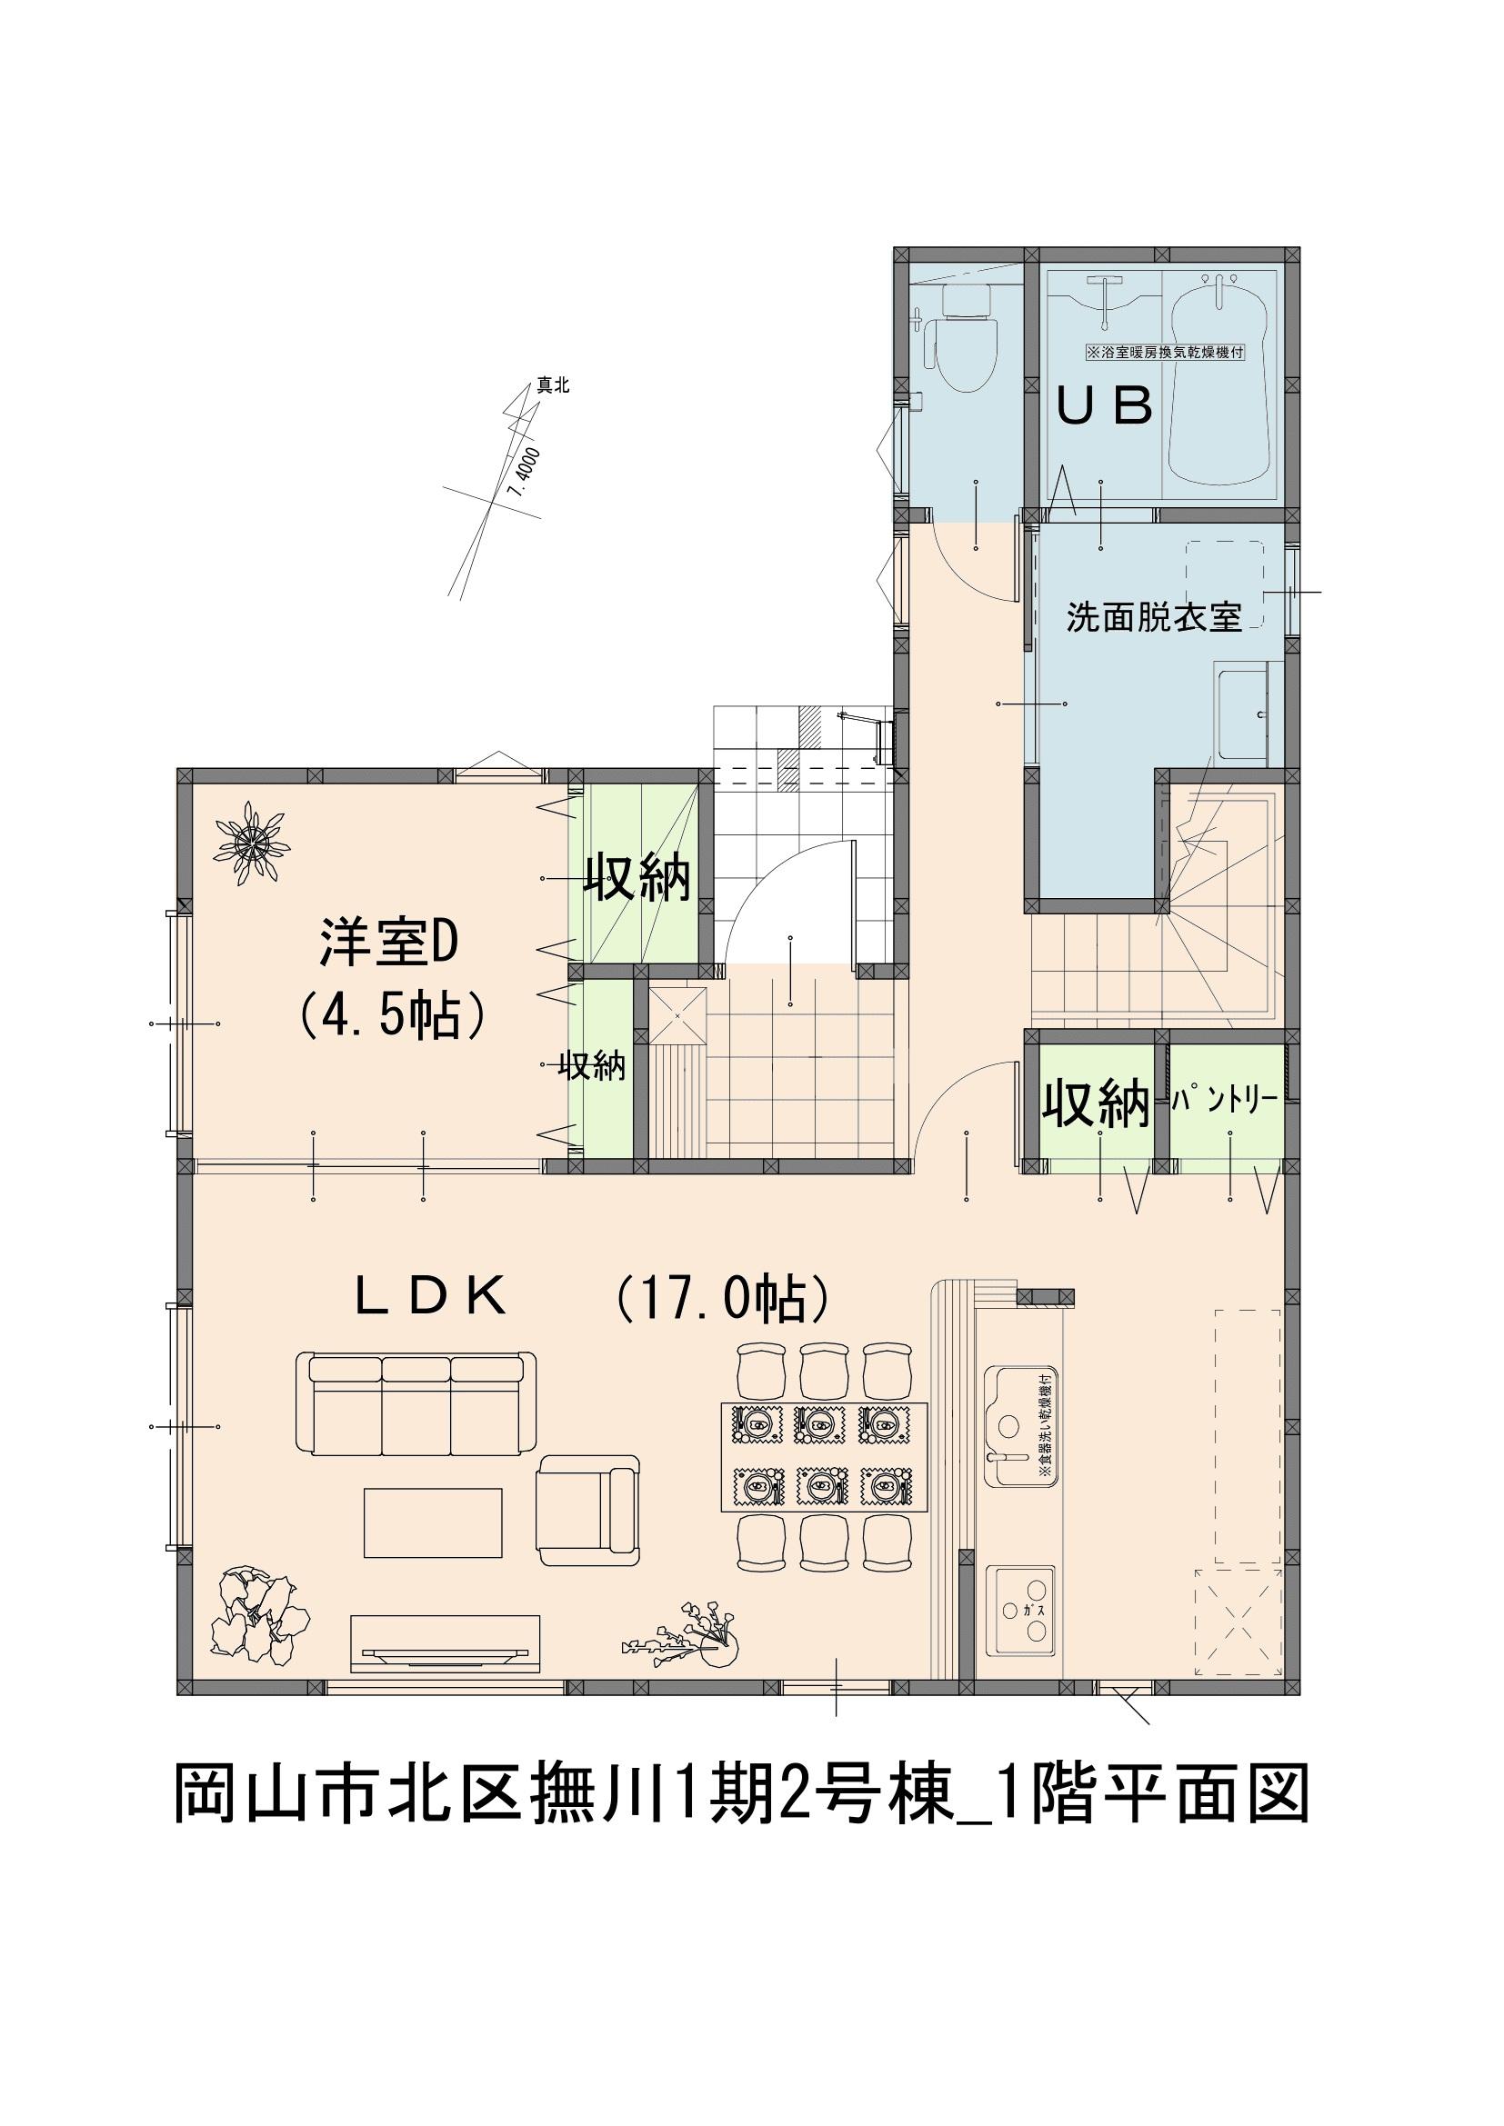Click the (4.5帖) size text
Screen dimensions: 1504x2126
pyautogui.click(x=390, y=1017)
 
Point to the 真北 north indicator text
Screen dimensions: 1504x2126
pyautogui.click(x=553, y=386)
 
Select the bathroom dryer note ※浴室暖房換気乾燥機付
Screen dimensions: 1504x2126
pyautogui.click(x=1164, y=353)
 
